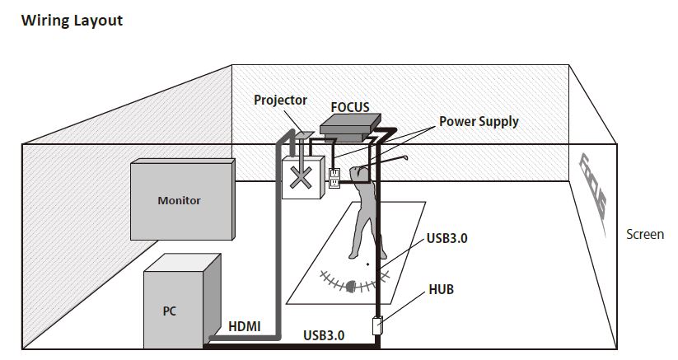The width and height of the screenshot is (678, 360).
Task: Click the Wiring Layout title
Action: point(71,21)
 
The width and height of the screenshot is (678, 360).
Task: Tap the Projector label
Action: point(280,100)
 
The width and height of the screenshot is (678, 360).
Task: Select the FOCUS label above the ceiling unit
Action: point(349,107)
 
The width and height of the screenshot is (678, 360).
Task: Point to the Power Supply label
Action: point(478,121)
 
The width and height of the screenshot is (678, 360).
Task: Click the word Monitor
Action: point(179,200)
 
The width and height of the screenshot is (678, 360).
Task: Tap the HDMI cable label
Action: point(244,326)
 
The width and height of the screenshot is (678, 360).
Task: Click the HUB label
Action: point(441,290)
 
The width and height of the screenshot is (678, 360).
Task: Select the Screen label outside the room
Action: point(644,234)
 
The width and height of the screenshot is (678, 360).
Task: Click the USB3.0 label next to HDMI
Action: point(324,335)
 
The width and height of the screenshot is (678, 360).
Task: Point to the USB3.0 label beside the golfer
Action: point(447,239)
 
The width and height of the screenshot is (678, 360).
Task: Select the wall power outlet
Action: point(334,178)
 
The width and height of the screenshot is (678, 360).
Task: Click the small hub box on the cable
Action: point(378,325)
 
